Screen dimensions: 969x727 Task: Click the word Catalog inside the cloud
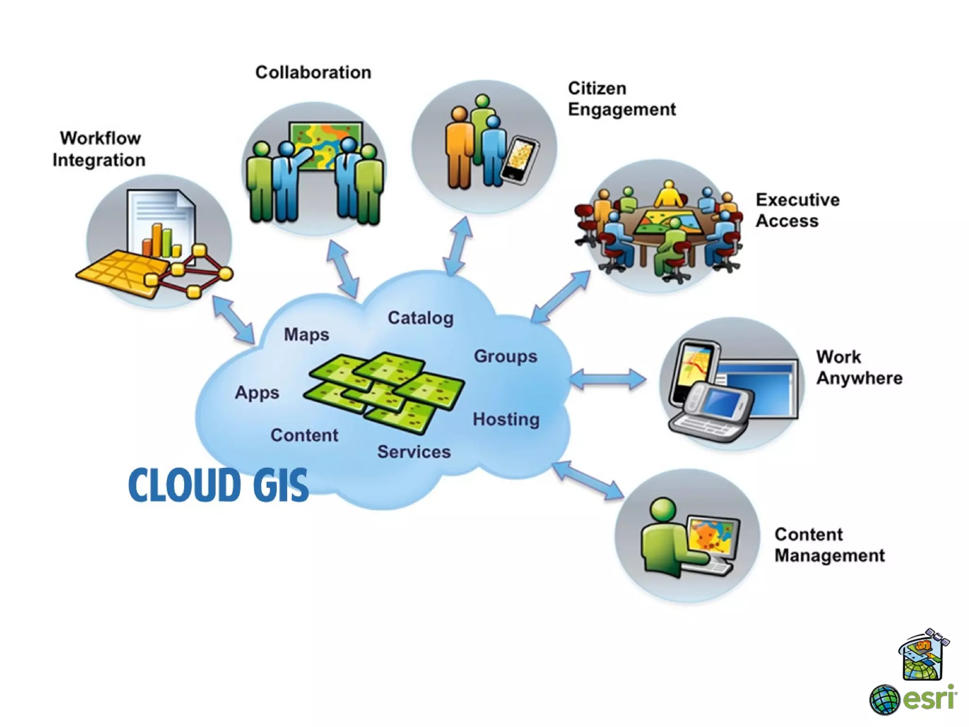point(421,318)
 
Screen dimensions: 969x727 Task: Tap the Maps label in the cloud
point(306,335)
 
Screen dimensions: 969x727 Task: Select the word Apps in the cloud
point(257,393)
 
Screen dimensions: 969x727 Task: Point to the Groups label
point(505,356)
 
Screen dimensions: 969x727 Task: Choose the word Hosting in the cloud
point(506,419)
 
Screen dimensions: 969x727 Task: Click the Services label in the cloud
point(414,452)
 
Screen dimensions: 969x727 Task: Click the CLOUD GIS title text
point(218,485)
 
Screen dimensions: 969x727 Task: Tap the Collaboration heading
point(313,72)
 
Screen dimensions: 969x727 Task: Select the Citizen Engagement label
point(621,99)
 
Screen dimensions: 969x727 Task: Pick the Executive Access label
point(797,210)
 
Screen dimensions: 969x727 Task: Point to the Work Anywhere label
point(859,367)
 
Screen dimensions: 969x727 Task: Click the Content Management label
point(829,545)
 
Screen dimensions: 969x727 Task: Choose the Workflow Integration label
point(99,149)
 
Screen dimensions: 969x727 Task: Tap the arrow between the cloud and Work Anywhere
point(608,379)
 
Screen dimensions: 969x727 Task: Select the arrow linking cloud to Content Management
point(588,480)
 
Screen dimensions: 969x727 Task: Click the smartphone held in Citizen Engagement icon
point(520,159)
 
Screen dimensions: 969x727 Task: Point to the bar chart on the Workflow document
point(161,240)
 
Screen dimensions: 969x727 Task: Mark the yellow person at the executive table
point(668,195)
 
